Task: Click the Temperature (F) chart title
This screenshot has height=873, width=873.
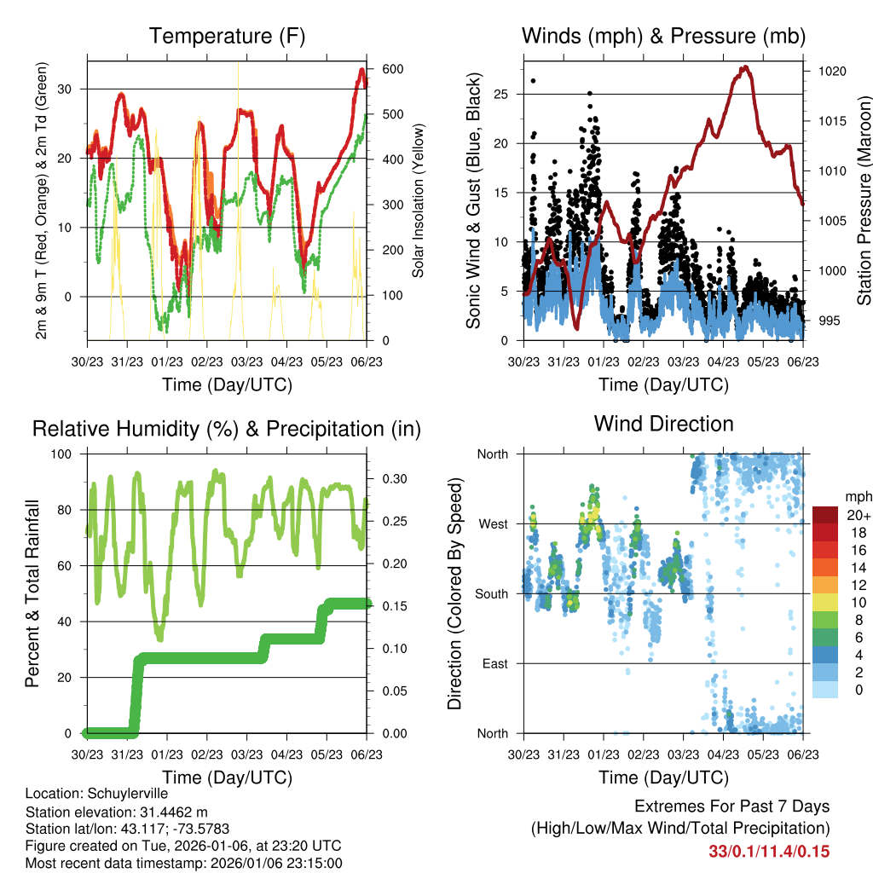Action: coord(227,37)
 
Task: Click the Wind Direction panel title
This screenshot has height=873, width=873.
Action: coord(663,424)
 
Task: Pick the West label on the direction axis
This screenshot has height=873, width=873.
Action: coord(494,523)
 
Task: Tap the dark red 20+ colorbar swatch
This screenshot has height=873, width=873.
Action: coord(825,515)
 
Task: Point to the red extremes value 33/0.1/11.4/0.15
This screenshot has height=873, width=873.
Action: coord(769,851)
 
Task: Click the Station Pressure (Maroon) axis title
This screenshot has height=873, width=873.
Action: coord(864,200)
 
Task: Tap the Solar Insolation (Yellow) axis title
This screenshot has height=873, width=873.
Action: coord(419,200)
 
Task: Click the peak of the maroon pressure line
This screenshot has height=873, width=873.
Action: coord(745,66)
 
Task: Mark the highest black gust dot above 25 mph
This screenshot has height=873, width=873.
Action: coord(534,81)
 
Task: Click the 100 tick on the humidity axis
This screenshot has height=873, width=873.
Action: coord(68,454)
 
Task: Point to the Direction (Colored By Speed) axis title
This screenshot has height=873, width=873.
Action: coord(454,593)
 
